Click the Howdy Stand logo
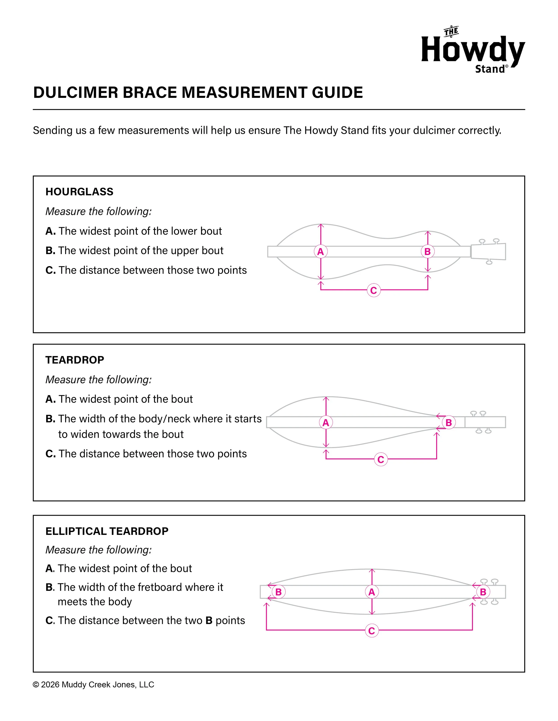(x=473, y=50)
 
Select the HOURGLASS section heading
(x=79, y=192)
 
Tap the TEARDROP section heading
(x=75, y=360)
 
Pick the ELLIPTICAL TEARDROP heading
(x=107, y=531)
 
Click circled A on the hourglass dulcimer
(x=320, y=252)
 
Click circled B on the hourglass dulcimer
(x=427, y=252)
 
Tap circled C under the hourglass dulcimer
(x=374, y=290)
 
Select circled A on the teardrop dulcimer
(x=326, y=423)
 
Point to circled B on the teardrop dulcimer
(x=449, y=423)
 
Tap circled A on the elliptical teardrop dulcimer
(x=372, y=592)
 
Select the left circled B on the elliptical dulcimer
(x=278, y=592)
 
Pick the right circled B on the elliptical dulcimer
(x=483, y=592)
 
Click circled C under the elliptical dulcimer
(x=372, y=631)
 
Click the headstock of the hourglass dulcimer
(x=488, y=252)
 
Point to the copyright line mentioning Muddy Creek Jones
(x=94, y=685)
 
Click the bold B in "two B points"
(x=209, y=621)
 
